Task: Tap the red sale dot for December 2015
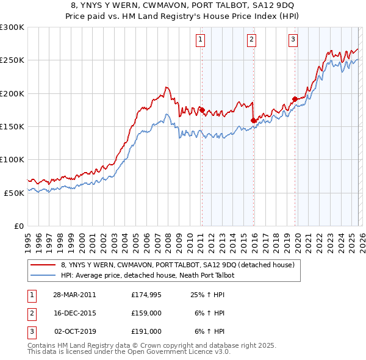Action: pos(253,121)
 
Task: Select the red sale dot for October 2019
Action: pos(295,99)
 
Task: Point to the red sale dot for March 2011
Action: pos(202,110)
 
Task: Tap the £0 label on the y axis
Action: pos(18,226)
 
